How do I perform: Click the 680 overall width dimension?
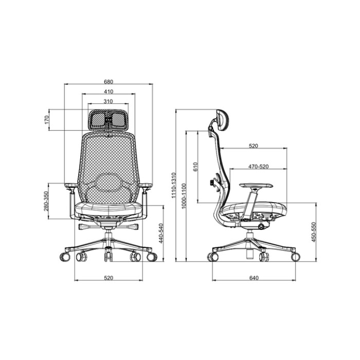click(109, 81)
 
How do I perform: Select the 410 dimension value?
click(109, 92)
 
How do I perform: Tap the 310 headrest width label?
click(109, 101)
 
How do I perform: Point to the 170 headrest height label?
click(46, 120)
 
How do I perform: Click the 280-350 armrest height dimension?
click(46, 201)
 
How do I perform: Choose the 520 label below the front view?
click(109, 278)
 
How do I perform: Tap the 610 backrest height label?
click(195, 167)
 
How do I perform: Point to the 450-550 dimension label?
click(313, 232)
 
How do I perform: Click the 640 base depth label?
click(254, 278)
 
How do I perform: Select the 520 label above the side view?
click(253, 146)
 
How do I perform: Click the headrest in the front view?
click(109, 120)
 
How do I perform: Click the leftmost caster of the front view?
click(64, 256)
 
